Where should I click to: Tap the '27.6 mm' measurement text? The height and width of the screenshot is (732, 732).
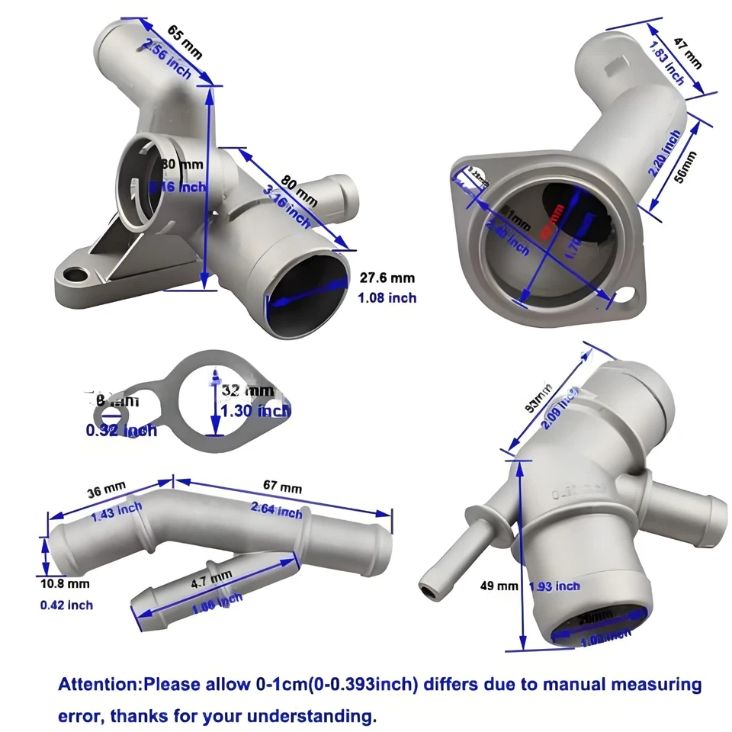tap(387, 279)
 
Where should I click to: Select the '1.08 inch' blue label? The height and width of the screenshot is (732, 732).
tap(387, 297)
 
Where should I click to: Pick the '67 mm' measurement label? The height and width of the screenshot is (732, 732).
tap(282, 486)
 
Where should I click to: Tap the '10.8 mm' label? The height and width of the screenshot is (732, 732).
tap(64, 584)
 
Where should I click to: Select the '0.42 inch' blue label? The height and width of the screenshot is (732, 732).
tap(66, 605)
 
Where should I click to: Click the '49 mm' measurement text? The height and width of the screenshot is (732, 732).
tap(498, 586)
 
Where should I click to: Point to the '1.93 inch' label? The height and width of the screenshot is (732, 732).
tap(554, 586)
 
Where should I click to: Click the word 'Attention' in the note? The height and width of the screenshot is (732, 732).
tap(99, 684)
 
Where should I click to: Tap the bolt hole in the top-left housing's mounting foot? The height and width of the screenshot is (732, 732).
tap(74, 274)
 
